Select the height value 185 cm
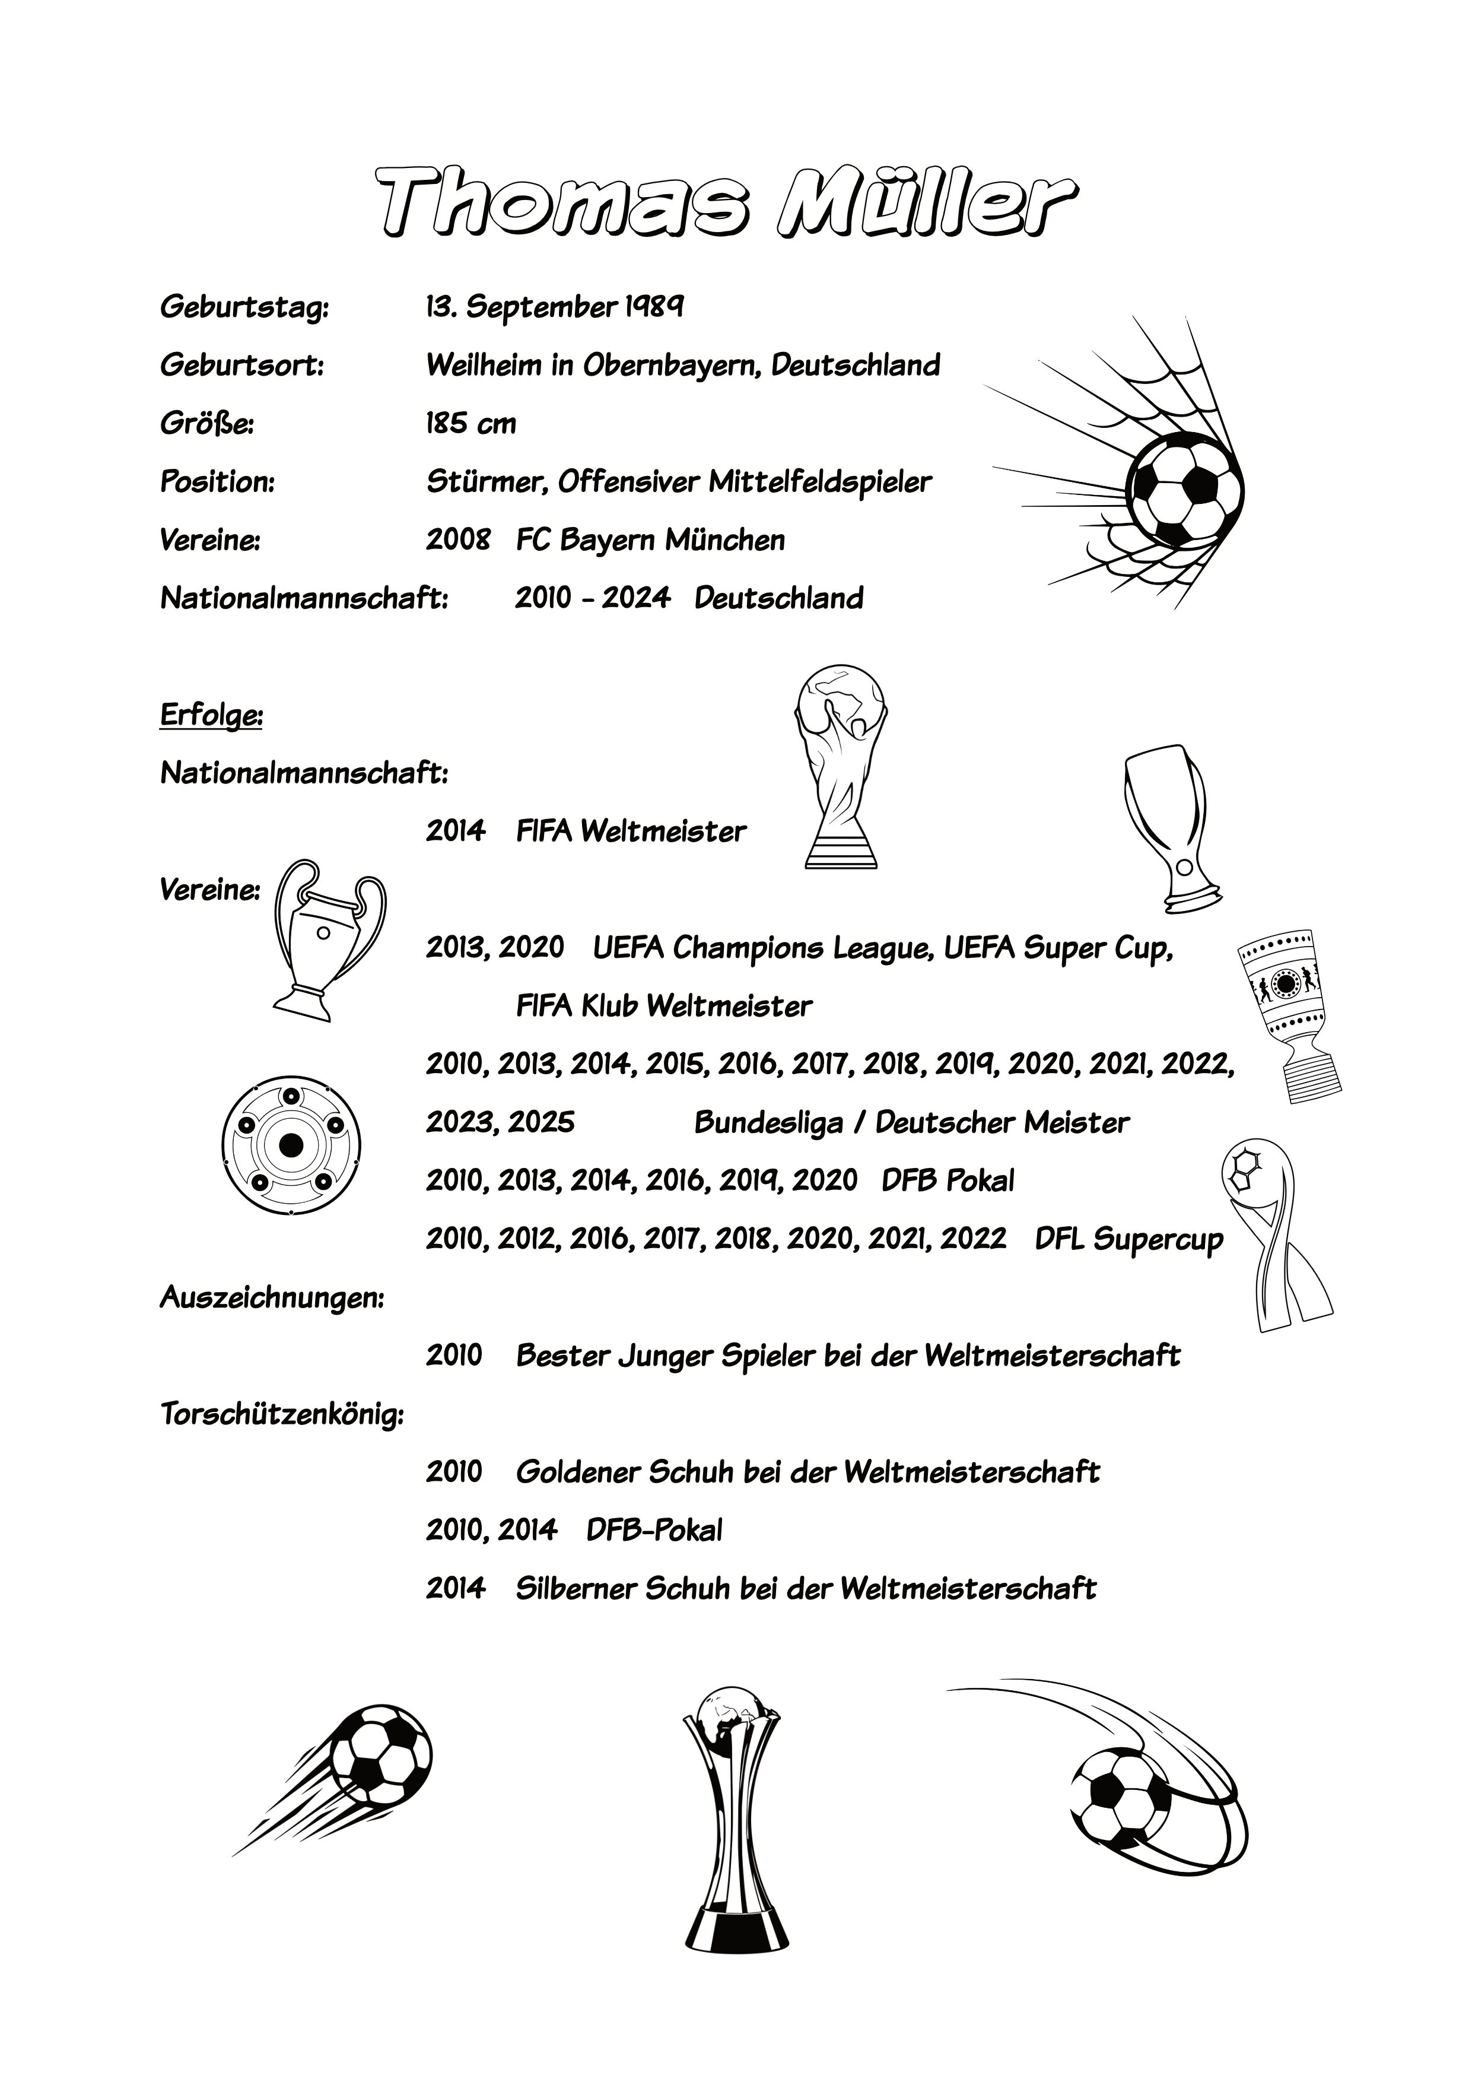[470, 424]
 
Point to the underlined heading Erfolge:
[211, 715]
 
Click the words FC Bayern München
[650, 541]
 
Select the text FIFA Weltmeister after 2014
[631, 831]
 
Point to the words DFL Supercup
[1128, 1239]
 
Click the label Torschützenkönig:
[282, 1414]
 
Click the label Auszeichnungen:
[272, 1297]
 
